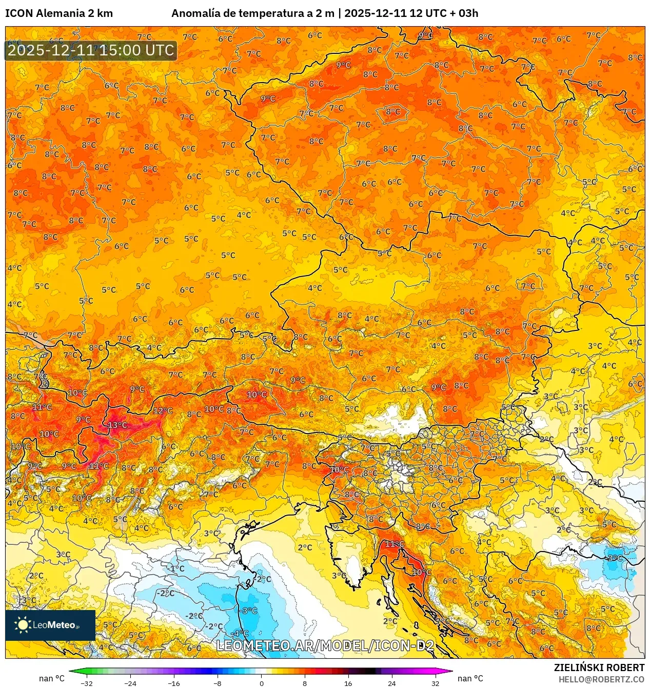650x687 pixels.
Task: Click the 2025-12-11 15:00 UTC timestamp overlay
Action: click(x=91, y=50)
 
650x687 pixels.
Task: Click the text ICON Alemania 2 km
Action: click(x=59, y=13)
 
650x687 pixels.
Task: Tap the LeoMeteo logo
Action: click(x=50, y=625)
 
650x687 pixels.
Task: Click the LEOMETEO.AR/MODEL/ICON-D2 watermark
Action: click(x=325, y=645)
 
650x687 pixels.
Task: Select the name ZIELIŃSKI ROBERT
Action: click(x=599, y=668)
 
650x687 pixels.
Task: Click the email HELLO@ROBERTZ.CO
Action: click(x=601, y=679)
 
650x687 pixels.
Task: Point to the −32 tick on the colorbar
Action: click(x=87, y=683)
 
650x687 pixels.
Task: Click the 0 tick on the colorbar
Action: click(x=261, y=683)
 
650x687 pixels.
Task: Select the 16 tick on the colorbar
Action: click(x=348, y=683)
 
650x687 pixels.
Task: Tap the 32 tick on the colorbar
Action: click(x=435, y=683)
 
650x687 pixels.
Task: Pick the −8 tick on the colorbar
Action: click(x=218, y=683)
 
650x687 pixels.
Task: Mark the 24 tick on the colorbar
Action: click(x=392, y=683)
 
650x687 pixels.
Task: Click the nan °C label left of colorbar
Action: click(x=52, y=678)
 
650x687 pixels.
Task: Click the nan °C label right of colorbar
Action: click(x=470, y=678)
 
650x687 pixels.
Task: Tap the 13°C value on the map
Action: click(x=117, y=425)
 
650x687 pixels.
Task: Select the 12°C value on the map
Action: click(x=163, y=410)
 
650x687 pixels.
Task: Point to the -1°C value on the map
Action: click(x=175, y=568)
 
